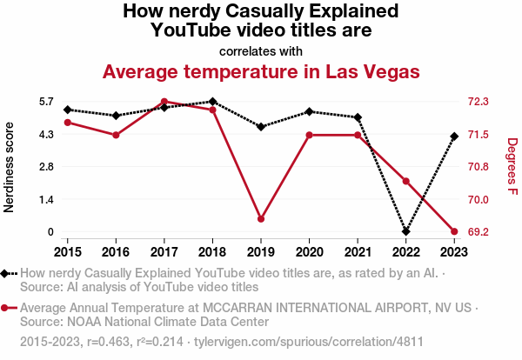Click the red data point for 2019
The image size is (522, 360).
[x=261, y=219]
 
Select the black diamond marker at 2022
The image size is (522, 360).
[x=406, y=232]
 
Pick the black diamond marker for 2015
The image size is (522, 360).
[x=67, y=110]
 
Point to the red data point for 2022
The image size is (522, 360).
[x=406, y=181]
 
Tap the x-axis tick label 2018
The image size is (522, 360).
[x=212, y=251]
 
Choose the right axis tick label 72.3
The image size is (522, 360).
[x=478, y=102]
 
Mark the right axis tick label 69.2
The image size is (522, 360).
[x=478, y=232]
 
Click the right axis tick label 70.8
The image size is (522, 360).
[x=478, y=167]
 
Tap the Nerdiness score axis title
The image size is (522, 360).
[x=10, y=167]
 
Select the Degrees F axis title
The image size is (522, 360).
[x=512, y=167]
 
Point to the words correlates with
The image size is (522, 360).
[x=261, y=50]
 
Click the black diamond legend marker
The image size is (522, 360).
[x=7, y=273]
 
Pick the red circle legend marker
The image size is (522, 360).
[x=7, y=308]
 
